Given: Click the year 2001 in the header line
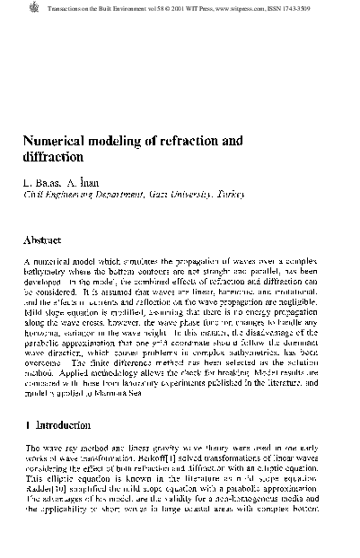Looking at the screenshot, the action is pyautogui.click(x=180, y=6).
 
